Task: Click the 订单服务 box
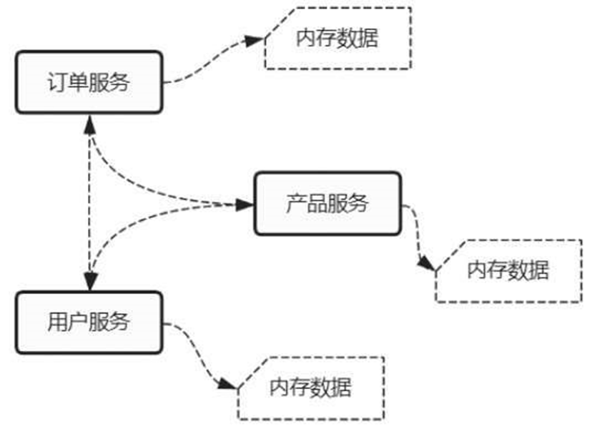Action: [x=89, y=82]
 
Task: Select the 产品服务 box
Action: [x=327, y=203]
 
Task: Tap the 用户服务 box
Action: [x=89, y=322]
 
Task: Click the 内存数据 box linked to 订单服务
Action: [x=337, y=38]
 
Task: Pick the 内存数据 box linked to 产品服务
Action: [x=508, y=271]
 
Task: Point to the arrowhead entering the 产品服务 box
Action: [x=245, y=204]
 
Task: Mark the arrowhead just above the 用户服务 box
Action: [x=90, y=282]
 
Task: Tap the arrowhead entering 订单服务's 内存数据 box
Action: [x=255, y=41]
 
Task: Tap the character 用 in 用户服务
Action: [x=57, y=322]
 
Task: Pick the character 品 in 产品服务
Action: [x=316, y=204]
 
